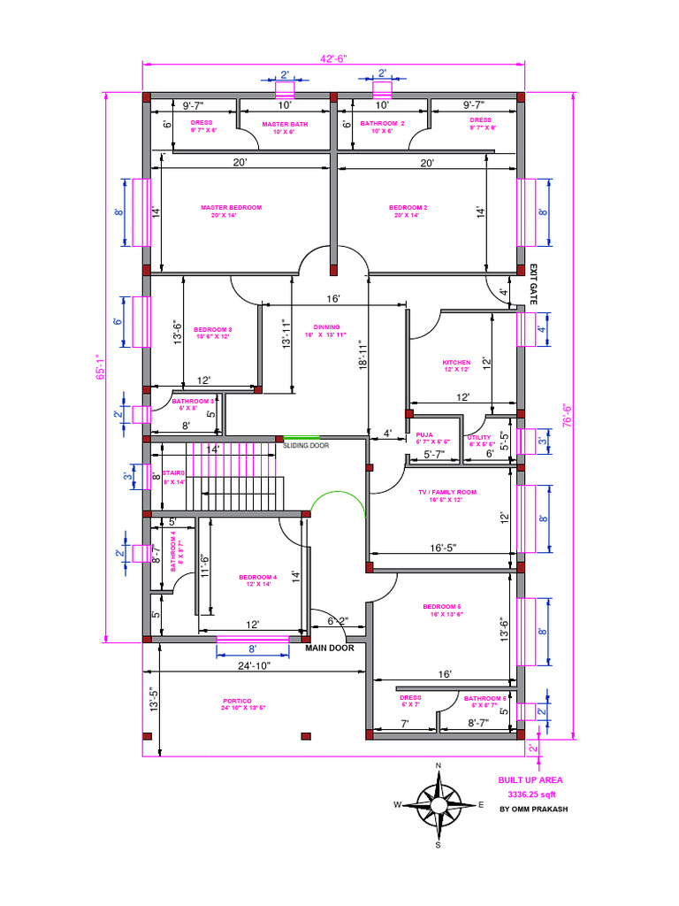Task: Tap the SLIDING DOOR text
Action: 306,446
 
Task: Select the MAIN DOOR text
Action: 330,649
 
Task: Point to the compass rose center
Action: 438,804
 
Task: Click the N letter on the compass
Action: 438,766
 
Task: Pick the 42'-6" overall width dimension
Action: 333,58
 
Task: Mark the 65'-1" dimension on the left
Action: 100,367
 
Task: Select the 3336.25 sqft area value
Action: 528,795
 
